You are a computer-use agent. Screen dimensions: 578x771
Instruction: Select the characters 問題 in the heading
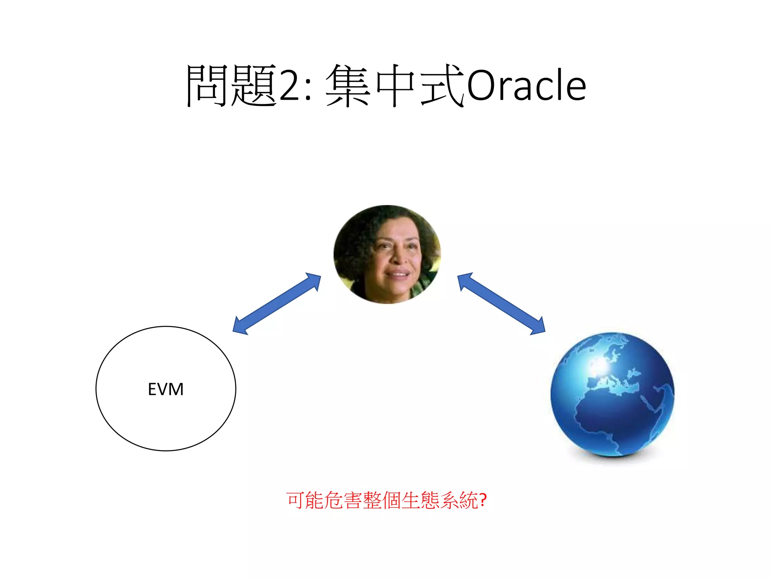(x=231, y=85)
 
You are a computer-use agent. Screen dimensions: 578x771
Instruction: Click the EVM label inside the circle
(x=166, y=389)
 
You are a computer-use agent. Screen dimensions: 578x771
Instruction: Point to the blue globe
(x=612, y=394)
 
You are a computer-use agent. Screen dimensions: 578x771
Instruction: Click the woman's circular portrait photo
(x=387, y=254)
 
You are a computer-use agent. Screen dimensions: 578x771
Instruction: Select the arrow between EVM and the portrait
(x=277, y=303)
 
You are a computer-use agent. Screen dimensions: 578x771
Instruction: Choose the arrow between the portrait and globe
(x=501, y=303)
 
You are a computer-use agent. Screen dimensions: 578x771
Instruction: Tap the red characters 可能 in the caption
(x=305, y=500)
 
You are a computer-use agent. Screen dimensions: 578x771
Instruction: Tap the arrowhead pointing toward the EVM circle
(x=239, y=326)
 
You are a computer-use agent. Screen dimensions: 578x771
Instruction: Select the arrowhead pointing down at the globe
(x=538, y=327)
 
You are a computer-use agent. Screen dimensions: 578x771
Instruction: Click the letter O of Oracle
(x=480, y=85)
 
